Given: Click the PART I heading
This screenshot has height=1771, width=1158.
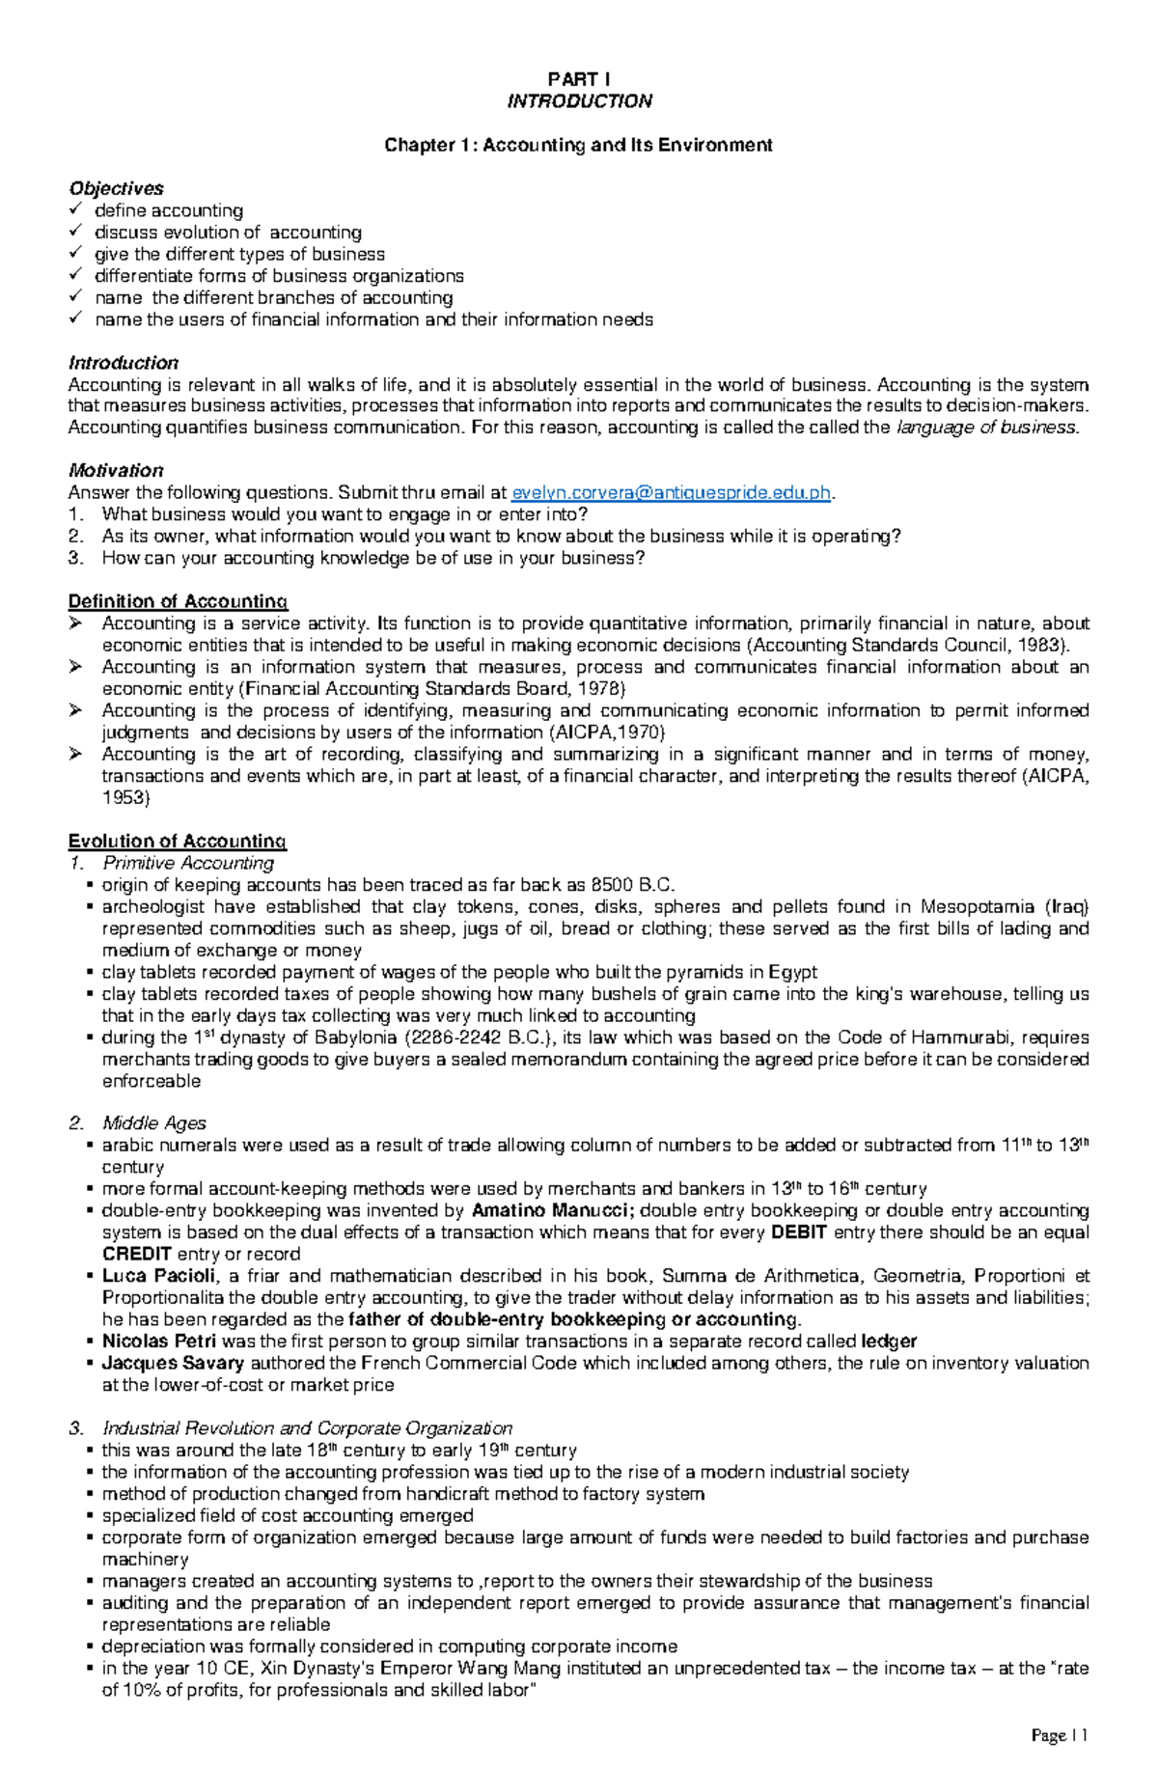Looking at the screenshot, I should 579,79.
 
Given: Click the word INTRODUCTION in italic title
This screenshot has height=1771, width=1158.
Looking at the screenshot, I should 579,101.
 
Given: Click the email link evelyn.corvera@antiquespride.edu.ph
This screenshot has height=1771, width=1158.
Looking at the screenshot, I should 671,493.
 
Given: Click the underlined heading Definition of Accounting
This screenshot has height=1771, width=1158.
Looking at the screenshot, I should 178,601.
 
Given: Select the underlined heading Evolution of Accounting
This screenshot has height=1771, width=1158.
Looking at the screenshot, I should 178,841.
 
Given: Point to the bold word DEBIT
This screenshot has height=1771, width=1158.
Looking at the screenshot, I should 800,1232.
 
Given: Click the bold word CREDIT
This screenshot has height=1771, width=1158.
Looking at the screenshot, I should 137,1254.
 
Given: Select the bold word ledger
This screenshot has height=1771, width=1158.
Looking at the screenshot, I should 889,1342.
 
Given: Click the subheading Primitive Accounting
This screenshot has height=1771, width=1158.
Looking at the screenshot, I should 188,863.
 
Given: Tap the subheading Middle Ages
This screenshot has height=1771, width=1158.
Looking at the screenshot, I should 154,1123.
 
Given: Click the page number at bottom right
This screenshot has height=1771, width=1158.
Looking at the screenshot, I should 1059,1735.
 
